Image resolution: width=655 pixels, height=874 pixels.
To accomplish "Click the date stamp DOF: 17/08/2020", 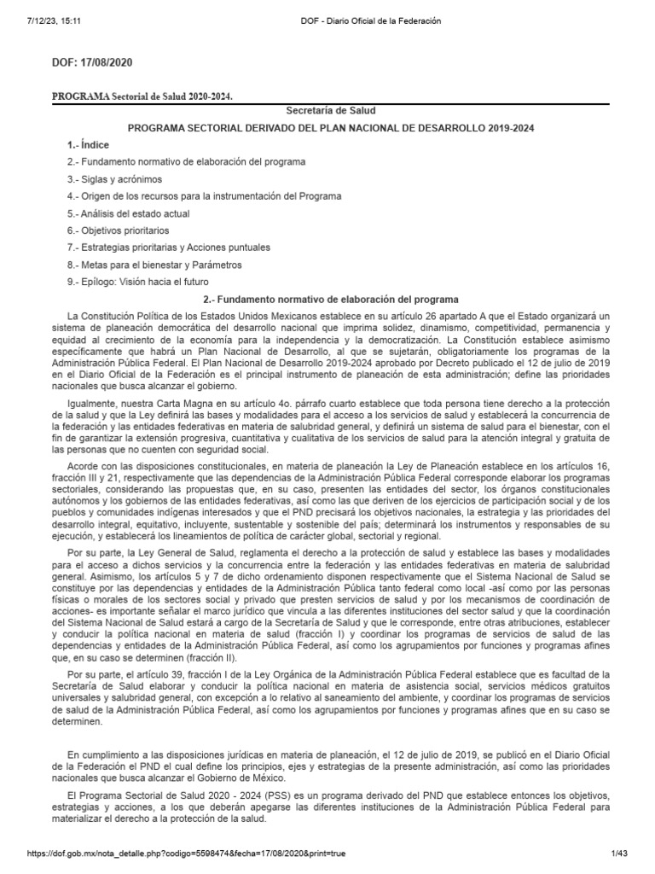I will tap(93, 63).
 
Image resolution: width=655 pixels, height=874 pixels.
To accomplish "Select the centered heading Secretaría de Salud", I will tap(327, 111).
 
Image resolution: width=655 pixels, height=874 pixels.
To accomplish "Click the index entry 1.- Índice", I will tap(89, 145).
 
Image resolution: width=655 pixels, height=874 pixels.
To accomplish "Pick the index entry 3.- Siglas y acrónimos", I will tap(114, 179).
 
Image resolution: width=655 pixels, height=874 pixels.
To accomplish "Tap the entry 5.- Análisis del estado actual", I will tap(128, 213).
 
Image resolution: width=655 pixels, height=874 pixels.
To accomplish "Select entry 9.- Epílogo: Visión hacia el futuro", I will tap(137, 282).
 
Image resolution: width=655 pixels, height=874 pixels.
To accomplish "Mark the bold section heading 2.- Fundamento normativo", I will tap(333, 300).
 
